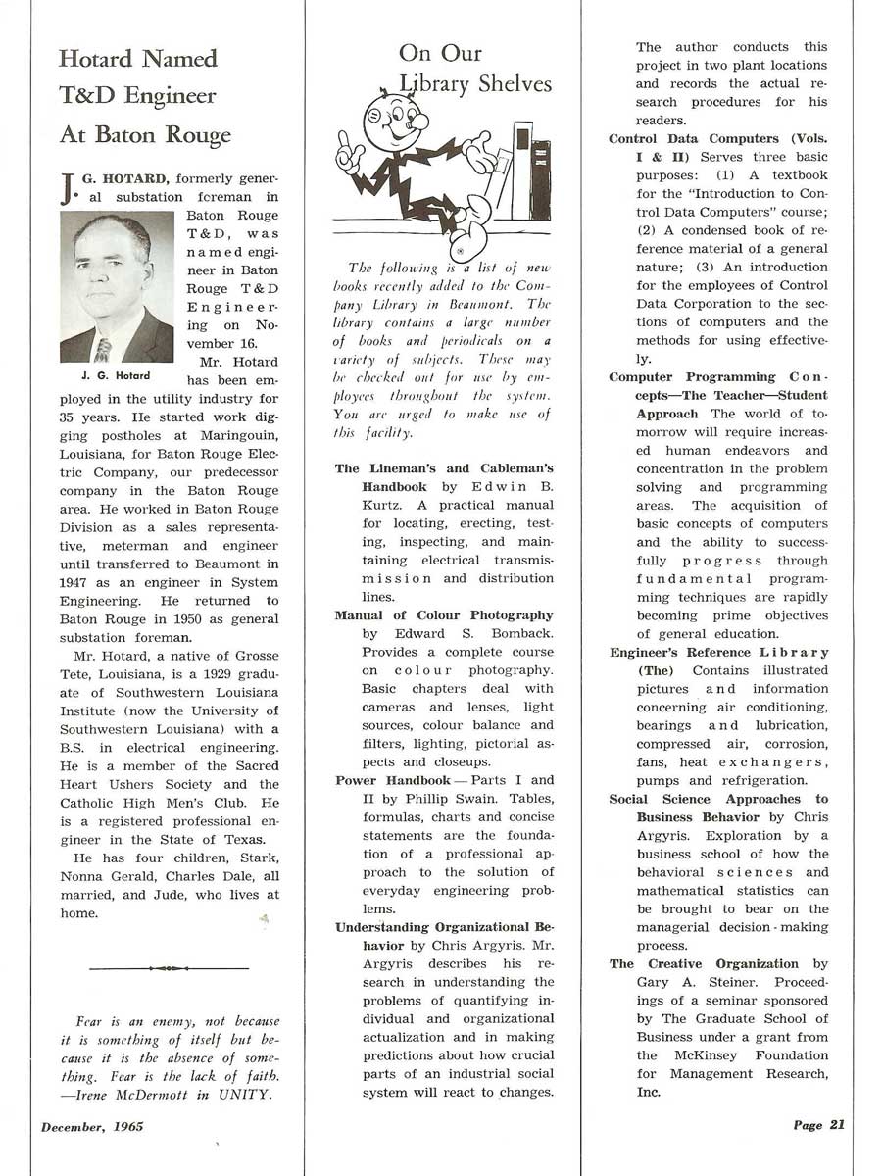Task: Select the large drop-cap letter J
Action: pos(67,186)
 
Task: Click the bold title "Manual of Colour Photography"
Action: pos(444,615)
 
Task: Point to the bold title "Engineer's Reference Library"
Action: pos(719,653)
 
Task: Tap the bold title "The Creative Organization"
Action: pos(704,964)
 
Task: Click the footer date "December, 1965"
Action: pos(92,1126)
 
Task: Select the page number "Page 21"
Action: pos(818,1125)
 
